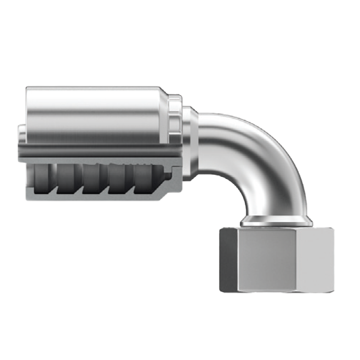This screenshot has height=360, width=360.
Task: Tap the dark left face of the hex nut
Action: coord(228,260)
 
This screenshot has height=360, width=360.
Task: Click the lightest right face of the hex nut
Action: coord(314,260)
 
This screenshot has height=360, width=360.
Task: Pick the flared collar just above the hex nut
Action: coord(274,221)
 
